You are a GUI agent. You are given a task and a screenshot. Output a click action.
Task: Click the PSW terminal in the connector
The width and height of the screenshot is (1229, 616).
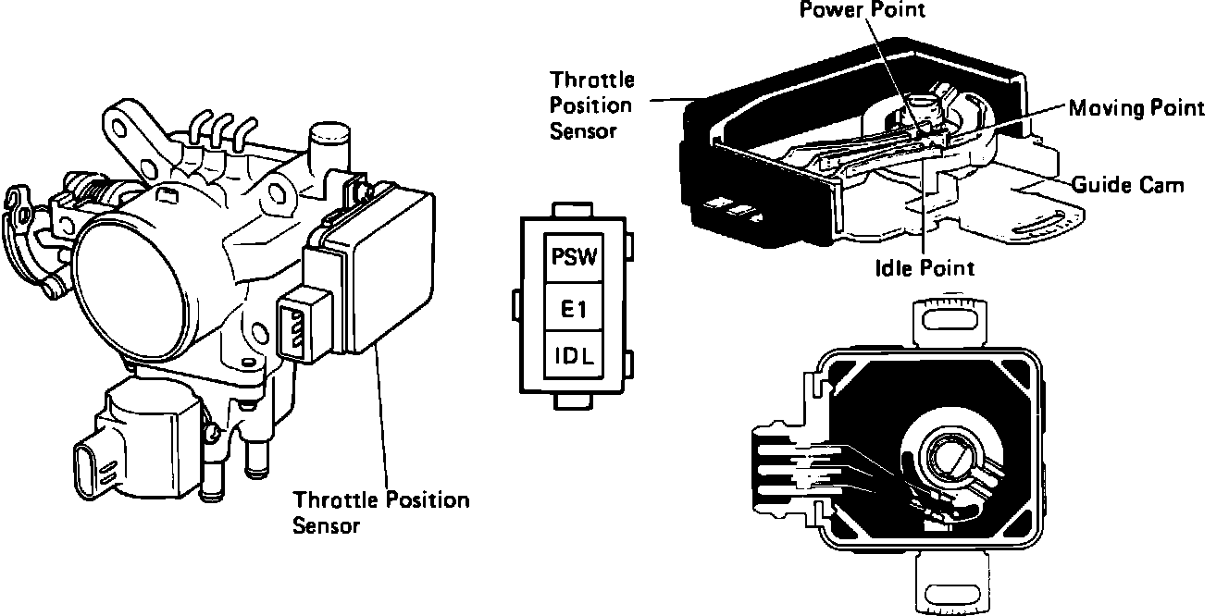(x=575, y=256)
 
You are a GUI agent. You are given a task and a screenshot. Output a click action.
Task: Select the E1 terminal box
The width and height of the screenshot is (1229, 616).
(x=575, y=308)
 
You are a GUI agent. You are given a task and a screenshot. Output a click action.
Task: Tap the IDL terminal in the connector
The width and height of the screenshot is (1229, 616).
(x=575, y=354)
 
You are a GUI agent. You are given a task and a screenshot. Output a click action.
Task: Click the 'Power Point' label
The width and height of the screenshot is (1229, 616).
(x=863, y=11)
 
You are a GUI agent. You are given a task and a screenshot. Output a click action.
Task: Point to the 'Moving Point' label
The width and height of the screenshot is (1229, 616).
(x=1136, y=108)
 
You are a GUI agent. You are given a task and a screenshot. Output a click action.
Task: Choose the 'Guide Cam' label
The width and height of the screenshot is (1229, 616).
(x=1127, y=185)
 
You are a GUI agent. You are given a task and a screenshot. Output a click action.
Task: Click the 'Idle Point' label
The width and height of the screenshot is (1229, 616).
(x=925, y=268)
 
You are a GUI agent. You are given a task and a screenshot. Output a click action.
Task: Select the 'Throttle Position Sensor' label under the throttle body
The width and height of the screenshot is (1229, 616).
(x=380, y=512)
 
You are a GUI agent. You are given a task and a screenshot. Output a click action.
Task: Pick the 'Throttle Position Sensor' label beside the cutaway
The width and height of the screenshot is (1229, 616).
(x=591, y=105)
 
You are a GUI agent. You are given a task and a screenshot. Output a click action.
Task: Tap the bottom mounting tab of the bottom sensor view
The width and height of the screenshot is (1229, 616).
(x=954, y=582)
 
